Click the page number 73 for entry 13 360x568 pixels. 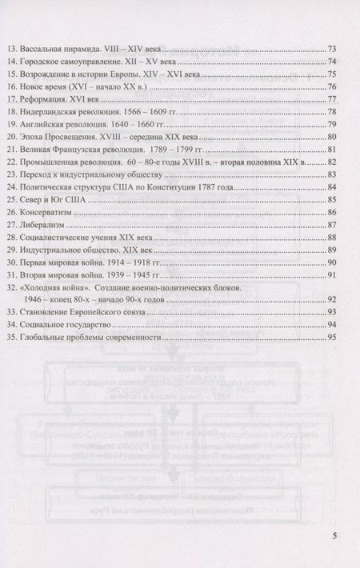pos(331,48)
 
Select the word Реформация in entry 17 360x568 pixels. pos(54,98)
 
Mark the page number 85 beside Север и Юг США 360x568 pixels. pos(331,200)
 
